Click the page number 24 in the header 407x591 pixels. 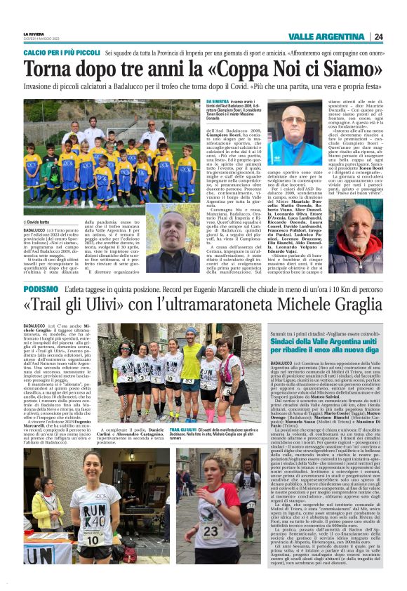(x=378, y=36)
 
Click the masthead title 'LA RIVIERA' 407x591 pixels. (x=34, y=33)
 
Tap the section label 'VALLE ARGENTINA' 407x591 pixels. (x=326, y=36)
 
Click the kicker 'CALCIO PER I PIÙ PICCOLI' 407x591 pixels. (x=61, y=53)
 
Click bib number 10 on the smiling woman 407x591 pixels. (x=91, y=539)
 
